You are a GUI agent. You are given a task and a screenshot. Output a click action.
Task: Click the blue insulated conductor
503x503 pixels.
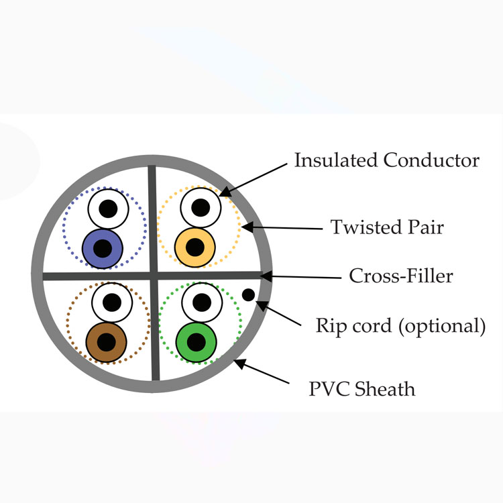coord(103,248)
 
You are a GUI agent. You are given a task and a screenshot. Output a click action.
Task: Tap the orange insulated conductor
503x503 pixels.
coord(195,247)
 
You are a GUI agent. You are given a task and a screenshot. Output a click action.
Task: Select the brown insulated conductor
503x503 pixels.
coord(107,342)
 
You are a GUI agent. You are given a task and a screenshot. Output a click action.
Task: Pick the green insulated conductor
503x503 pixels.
coord(197,342)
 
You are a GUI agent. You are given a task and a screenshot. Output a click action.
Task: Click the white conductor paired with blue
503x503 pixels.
coord(109,209)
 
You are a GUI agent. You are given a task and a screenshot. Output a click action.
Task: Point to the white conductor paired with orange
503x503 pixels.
coord(201,207)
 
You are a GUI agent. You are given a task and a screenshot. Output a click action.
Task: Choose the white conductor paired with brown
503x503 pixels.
coord(112,302)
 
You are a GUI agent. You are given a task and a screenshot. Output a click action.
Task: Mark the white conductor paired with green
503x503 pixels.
coord(202,302)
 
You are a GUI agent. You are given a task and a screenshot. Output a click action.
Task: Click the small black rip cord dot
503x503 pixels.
coord(248,295)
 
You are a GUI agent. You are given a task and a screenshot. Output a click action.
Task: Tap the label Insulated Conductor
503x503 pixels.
coord(386,160)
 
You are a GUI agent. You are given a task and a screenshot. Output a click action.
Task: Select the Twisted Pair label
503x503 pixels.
coord(387,227)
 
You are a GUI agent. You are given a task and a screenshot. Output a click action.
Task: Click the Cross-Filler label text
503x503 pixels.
coord(401,276)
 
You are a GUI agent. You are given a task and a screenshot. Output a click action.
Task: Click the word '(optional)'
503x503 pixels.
coord(442,326)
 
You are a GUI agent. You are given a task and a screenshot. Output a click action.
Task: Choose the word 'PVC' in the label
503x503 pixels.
coord(329,389)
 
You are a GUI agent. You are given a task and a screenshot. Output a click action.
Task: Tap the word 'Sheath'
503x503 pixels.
coord(385,389)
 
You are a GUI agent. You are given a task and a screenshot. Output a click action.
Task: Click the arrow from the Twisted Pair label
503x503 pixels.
coord(282,228)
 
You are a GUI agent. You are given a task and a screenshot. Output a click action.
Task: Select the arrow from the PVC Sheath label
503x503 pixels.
coord(261,371)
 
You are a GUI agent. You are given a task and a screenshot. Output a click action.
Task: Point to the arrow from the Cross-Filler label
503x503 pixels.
coord(300,276)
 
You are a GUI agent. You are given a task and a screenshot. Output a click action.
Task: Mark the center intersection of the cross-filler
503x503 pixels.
coord(154,276)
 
